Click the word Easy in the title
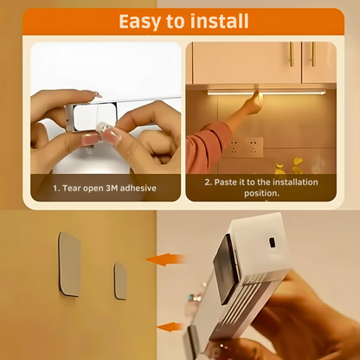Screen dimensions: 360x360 pos(140,22)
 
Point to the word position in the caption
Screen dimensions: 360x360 pos(261,193)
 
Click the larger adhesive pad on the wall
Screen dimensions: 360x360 pos(69,264)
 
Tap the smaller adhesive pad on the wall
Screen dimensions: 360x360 pos(120,281)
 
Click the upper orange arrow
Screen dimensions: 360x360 pos(166,260)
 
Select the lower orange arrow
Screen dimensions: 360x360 pos(170,327)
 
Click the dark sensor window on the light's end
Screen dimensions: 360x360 pos(272,242)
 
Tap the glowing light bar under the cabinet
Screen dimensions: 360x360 pos(267,93)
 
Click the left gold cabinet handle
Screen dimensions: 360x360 pos(292,55)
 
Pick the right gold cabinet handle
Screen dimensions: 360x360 pos(313,55)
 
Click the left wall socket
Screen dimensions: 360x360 pos(234,147)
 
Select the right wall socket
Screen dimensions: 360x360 pos(254,147)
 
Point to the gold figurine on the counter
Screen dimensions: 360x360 pos(298,165)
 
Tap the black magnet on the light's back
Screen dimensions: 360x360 pos(227,269)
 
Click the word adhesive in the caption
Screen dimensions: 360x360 pos(138,188)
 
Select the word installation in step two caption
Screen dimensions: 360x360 pos(295,183)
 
